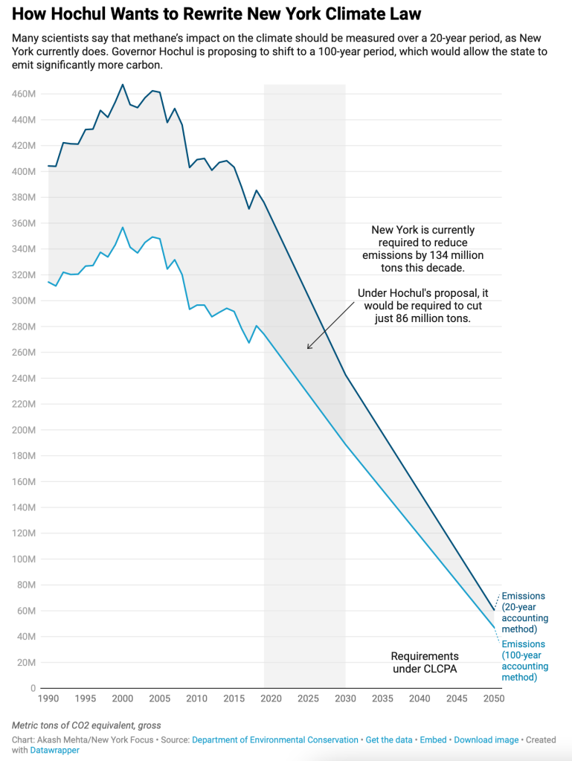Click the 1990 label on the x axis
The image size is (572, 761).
click(48, 699)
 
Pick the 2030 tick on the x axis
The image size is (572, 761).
click(345, 699)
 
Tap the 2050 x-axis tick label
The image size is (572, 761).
click(493, 699)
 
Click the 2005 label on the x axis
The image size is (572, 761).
click(160, 699)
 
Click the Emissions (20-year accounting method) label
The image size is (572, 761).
click(524, 613)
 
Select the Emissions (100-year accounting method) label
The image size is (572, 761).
click(524, 661)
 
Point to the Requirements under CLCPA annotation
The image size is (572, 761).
click(425, 662)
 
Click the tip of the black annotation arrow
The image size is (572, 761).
click(307, 348)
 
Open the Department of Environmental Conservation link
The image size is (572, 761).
click(274, 740)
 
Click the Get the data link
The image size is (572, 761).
click(389, 740)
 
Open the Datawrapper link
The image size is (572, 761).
click(54, 751)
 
